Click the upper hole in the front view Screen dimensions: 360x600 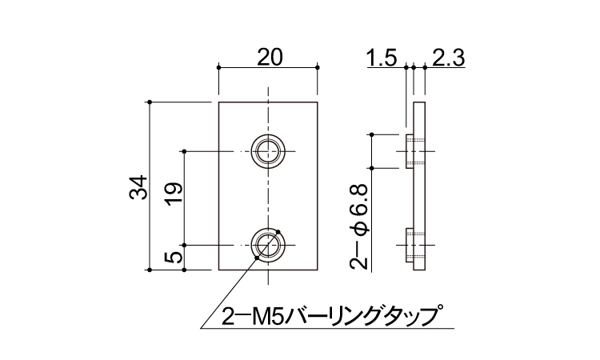[268, 150]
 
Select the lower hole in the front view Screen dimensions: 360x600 [268, 243]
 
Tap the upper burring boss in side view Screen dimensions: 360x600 [410, 152]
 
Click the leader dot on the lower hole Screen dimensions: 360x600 [277, 234]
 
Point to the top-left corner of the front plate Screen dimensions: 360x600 [219, 102]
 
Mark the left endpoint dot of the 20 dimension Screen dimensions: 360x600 [219, 68]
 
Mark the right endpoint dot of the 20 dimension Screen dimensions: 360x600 [318, 68]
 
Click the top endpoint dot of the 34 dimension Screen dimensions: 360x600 [150, 102]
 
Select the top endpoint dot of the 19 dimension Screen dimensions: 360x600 [185, 150]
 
